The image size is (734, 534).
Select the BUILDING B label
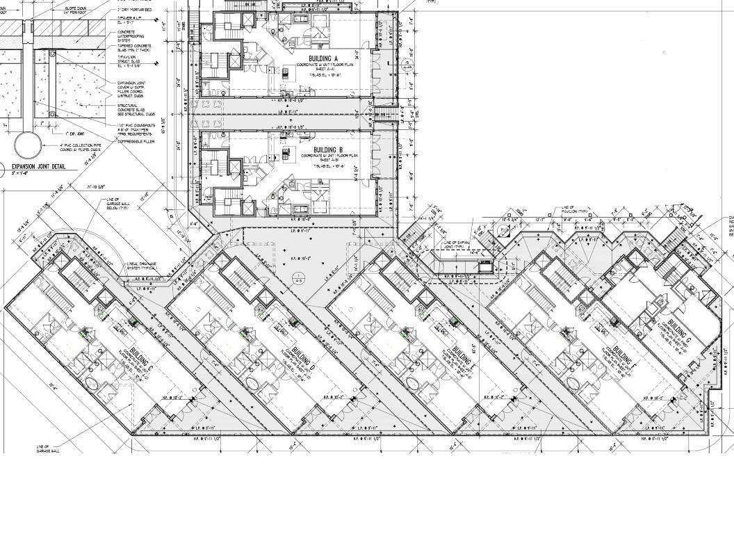coord(328,150)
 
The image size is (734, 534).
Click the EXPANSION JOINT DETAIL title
coord(39,167)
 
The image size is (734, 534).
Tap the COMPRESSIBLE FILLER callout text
coord(136,141)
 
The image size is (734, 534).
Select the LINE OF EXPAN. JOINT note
coord(457,245)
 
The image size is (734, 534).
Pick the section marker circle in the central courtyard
coord(298,282)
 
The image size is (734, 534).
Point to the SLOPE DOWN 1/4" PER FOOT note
coord(75,10)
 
